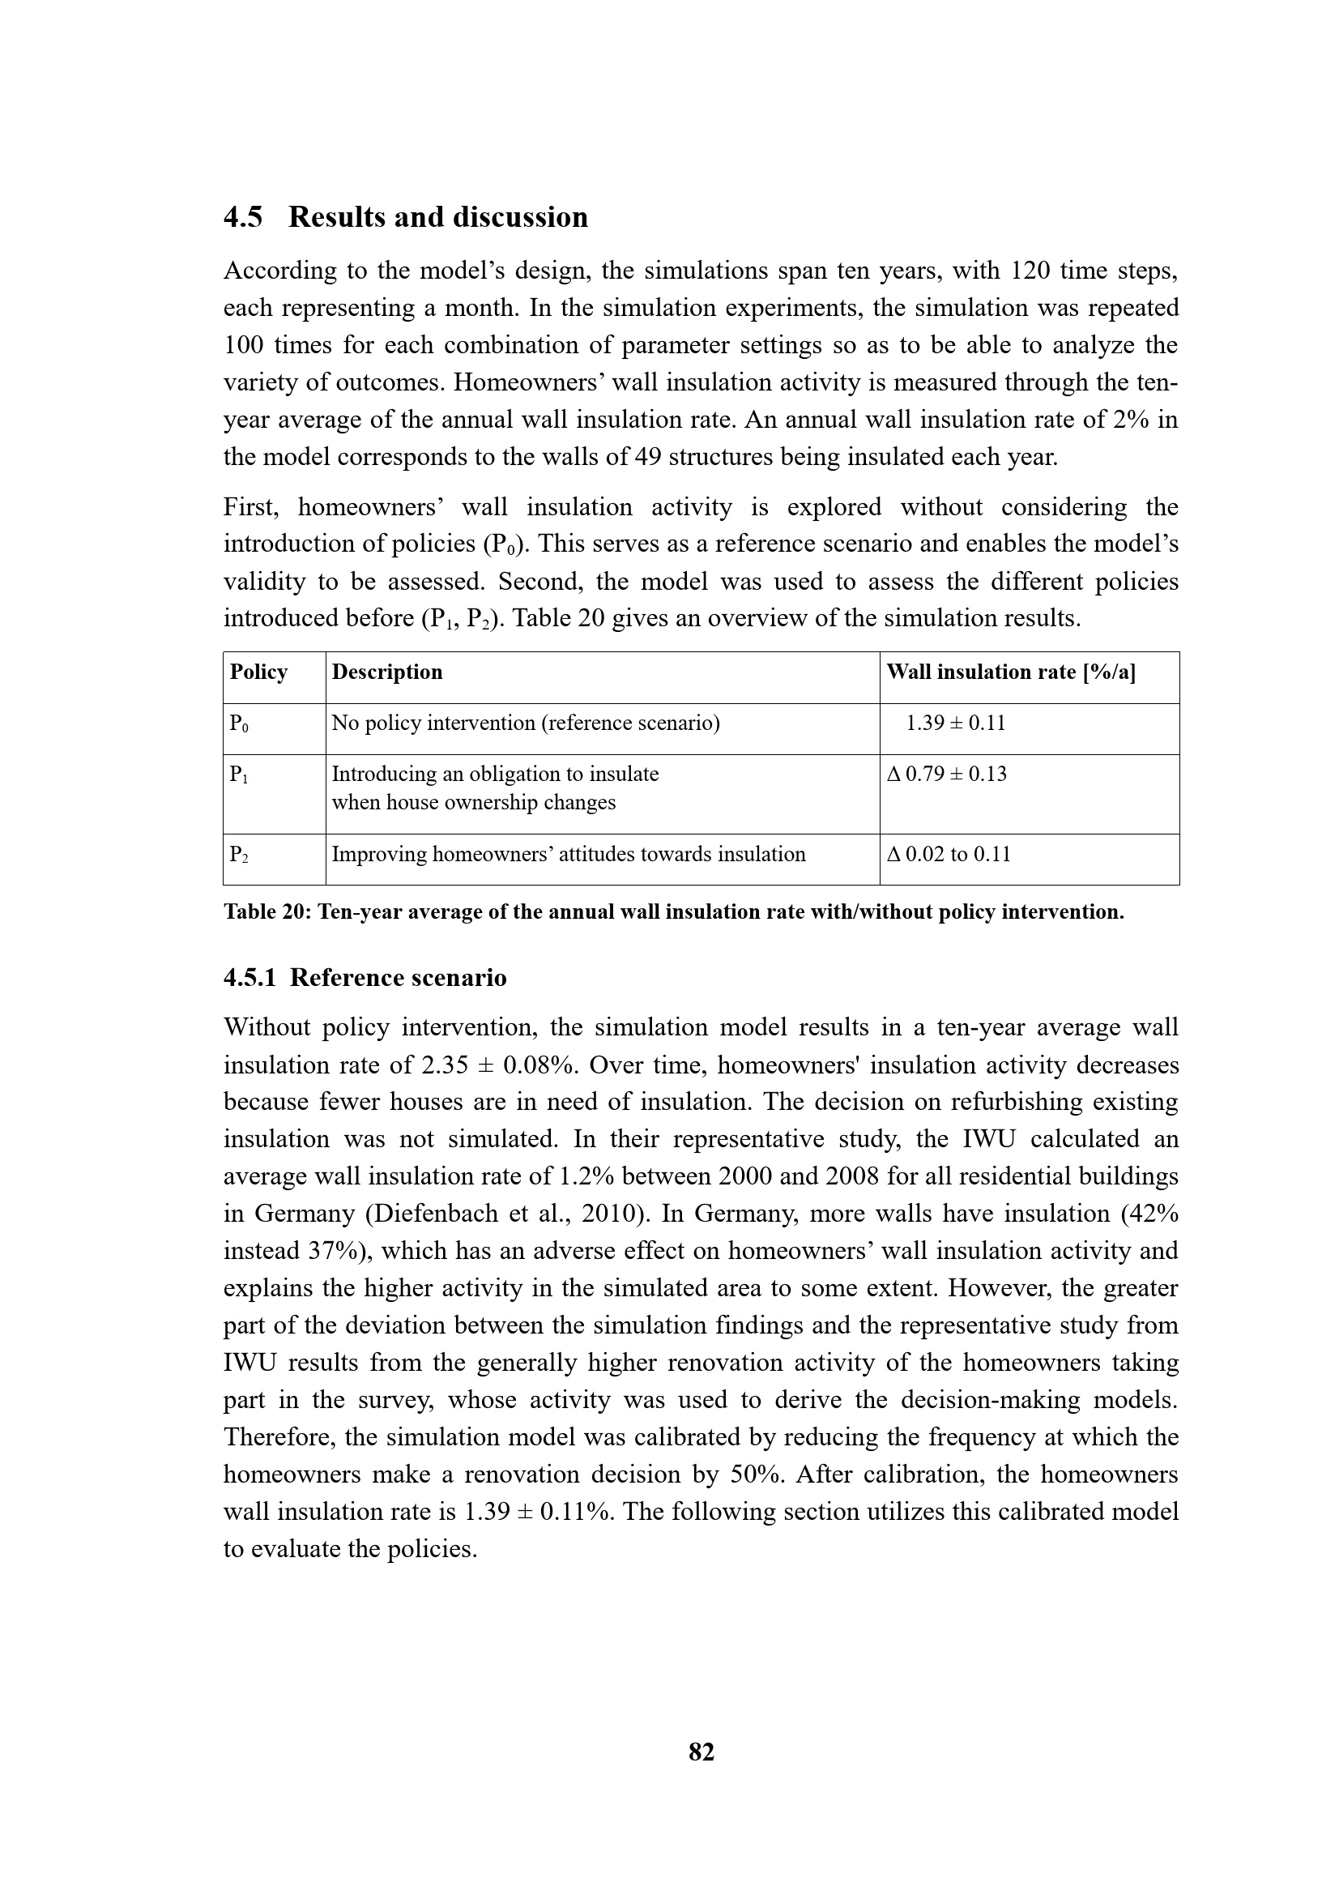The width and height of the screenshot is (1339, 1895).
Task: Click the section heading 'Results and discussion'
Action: [438, 217]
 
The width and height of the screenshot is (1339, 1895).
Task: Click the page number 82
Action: [701, 1752]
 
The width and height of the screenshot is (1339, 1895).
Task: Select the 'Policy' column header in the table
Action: [258, 672]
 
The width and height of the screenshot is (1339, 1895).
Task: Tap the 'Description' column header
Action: [387, 672]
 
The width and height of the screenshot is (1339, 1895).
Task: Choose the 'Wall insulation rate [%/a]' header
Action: [1011, 672]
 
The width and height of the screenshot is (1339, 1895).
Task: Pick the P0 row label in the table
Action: [238, 723]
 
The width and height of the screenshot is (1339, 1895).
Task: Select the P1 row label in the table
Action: [238, 775]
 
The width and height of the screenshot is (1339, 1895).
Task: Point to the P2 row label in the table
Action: [238, 854]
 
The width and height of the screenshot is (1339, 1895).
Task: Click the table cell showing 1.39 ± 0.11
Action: [955, 723]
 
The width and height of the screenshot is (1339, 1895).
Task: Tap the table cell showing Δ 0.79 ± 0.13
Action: [946, 775]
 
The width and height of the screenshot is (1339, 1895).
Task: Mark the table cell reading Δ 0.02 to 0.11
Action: [948, 854]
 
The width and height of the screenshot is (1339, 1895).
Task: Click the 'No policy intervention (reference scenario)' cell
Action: [526, 723]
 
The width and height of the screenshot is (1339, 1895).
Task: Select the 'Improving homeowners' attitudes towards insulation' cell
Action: [569, 854]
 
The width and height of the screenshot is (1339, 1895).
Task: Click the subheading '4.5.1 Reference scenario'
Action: [365, 978]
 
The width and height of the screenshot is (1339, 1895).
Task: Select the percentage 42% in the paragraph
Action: [1154, 1214]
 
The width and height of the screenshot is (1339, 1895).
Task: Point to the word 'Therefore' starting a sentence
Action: [278, 1437]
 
